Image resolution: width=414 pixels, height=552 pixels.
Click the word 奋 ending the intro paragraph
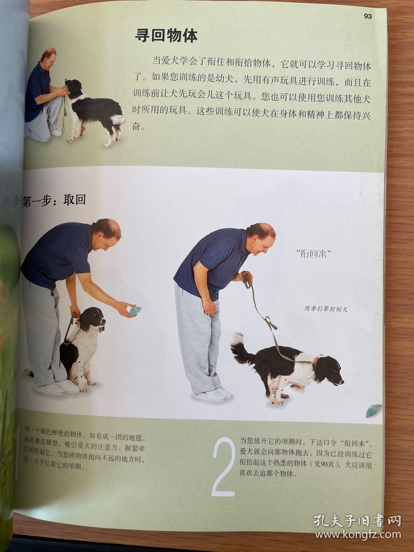pos(137,127)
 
